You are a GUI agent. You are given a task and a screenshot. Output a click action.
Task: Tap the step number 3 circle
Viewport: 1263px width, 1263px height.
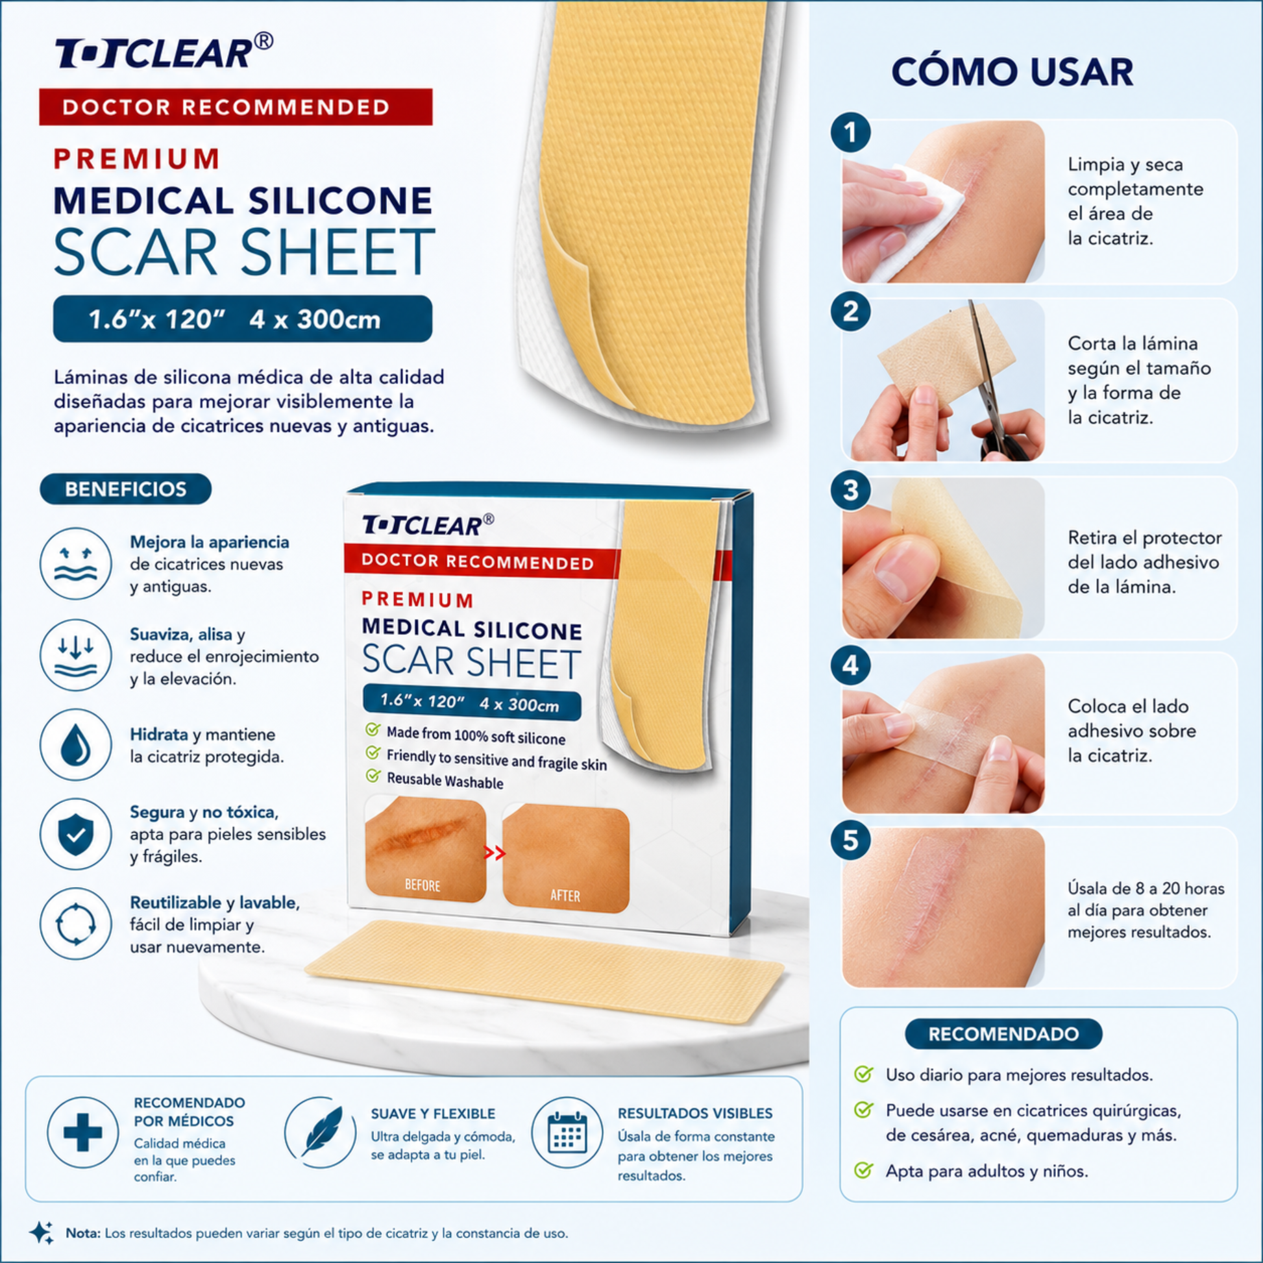point(850,490)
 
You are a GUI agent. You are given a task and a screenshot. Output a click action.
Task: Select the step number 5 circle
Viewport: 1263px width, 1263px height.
point(850,840)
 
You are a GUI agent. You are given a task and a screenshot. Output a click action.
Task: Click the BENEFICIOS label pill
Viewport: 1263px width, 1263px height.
point(125,489)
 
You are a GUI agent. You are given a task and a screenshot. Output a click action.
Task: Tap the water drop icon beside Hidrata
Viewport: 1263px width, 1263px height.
point(76,745)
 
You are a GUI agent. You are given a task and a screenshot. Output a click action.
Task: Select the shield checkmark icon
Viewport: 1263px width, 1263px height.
point(76,834)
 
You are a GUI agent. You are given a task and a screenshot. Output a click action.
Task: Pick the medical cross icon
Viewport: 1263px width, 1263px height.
point(83,1133)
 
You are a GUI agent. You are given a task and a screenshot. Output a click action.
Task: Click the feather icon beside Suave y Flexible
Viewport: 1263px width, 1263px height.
point(321,1133)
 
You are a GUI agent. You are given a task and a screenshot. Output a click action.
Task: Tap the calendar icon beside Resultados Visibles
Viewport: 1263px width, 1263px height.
point(567,1133)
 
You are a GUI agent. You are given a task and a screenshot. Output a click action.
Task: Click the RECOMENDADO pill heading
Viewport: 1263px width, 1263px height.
point(1003,1034)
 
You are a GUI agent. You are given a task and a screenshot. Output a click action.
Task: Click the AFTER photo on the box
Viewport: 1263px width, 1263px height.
point(565,859)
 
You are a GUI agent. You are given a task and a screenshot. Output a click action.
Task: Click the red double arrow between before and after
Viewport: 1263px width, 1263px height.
point(495,853)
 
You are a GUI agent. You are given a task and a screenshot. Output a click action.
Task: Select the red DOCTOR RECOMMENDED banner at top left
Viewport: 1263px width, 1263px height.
point(236,107)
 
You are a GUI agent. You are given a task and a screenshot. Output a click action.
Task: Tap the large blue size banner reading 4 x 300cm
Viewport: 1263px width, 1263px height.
point(243,319)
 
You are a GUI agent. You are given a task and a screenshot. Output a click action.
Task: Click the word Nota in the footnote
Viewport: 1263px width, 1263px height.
point(83,1234)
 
